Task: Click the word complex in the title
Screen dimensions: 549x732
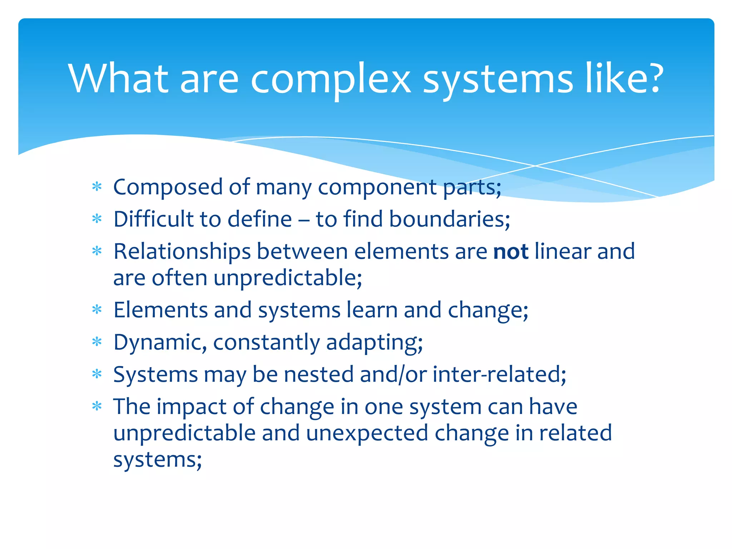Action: [330, 79]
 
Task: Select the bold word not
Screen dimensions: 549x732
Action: [510, 251]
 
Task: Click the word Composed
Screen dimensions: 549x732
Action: [168, 187]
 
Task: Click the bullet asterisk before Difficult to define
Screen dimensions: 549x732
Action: [97, 218]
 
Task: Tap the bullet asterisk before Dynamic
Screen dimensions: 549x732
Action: [97, 342]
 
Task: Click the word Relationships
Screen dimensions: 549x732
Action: [182, 252]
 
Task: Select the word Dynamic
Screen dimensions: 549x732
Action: [160, 342]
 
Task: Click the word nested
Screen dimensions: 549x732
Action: [318, 374]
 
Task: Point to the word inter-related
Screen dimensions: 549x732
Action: [499, 374]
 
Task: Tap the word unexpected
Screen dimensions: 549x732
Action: [367, 434]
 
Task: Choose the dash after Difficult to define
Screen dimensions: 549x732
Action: [303, 220]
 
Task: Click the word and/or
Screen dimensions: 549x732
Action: [393, 375]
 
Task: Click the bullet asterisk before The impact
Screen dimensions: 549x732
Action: [97, 406]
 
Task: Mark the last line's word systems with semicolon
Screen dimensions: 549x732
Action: [157, 460]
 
